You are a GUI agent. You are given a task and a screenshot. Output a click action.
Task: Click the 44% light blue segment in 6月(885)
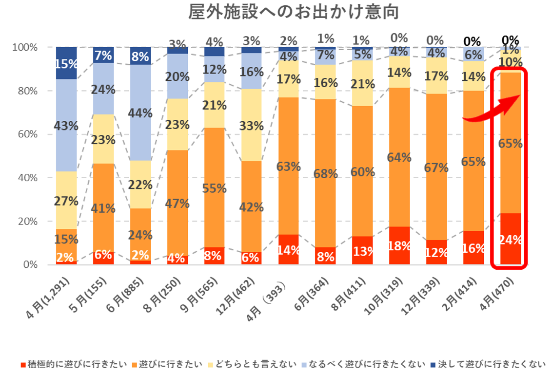pyautogui.click(x=140, y=113)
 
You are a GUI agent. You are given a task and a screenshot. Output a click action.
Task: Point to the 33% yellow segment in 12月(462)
pyautogui.click(x=252, y=126)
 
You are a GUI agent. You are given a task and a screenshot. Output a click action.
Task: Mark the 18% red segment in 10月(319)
pyautogui.click(x=399, y=246)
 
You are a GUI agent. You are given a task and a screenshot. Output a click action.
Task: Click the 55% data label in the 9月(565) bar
pyautogui.click(x=215, y=188)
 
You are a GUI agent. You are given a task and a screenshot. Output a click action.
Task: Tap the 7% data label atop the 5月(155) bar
pyautogui.click(x=103, y=56)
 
